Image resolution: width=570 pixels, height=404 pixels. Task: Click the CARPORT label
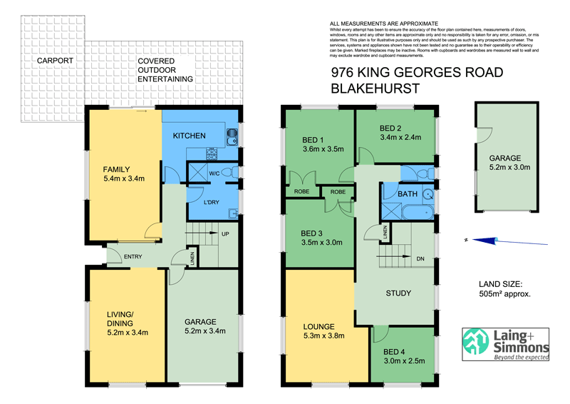point(56,61)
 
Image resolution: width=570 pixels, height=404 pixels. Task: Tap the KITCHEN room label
point(189,136)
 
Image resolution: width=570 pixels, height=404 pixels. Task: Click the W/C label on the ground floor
point(214,173)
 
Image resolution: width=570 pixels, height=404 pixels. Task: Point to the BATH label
point(408,193)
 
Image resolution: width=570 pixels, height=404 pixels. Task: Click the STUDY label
point(399,293)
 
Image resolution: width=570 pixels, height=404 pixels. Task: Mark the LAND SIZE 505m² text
point(507,288)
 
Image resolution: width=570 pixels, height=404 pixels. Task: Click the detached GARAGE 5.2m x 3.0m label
point(504,163)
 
